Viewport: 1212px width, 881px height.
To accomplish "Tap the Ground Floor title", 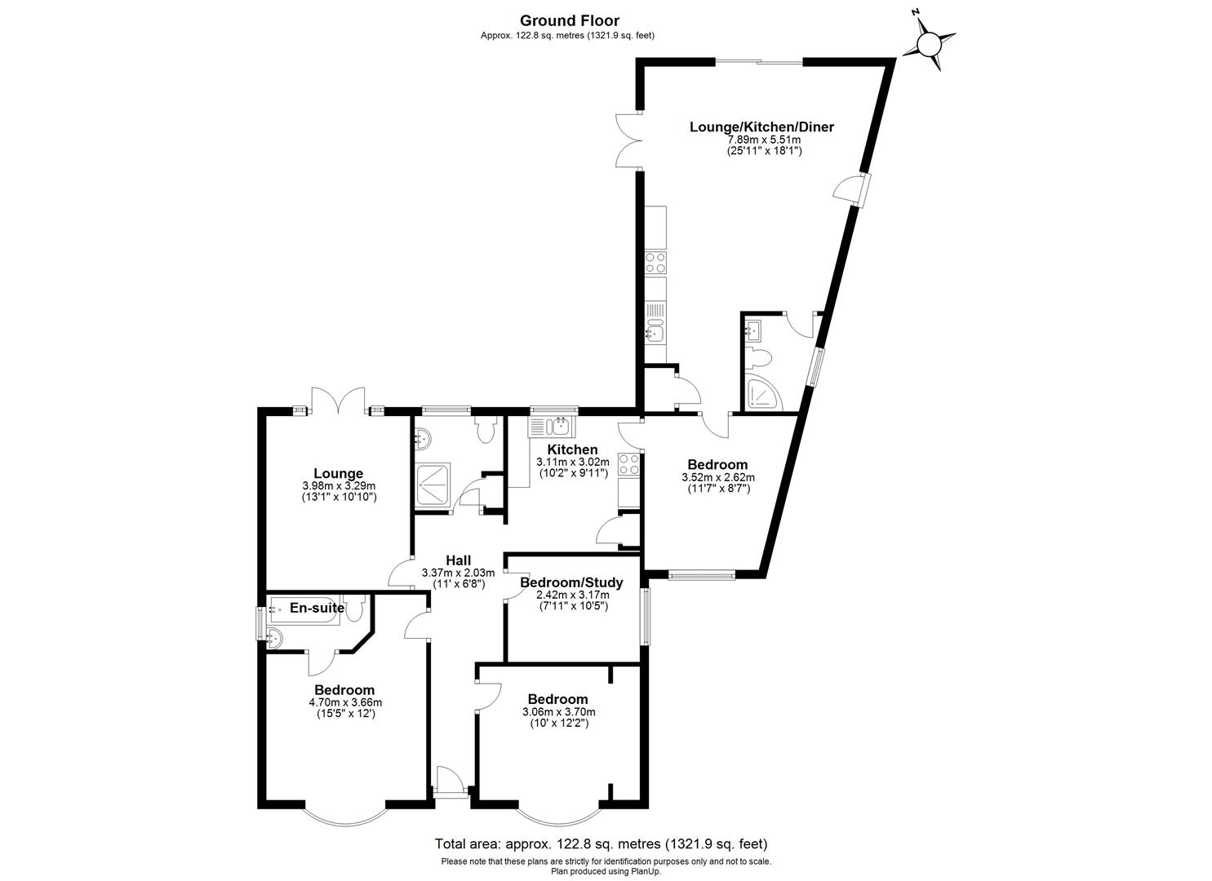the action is (569, 21).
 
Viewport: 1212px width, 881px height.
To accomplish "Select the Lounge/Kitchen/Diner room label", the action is (761, 127).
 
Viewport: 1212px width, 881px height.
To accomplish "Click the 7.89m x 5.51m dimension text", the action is (764, 139).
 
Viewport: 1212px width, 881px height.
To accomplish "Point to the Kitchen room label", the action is (572, 450).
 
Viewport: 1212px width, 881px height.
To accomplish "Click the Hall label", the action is (458, 560).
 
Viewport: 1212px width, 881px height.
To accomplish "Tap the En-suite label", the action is (317, 608).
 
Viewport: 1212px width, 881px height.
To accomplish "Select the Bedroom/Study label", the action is (571, 582).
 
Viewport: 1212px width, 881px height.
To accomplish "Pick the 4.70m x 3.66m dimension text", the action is (345, 702).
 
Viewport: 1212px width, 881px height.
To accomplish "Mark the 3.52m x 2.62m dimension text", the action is (717, 478).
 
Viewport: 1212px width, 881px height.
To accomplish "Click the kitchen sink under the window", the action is (553, 426).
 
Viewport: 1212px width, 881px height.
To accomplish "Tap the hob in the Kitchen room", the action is (629, 464).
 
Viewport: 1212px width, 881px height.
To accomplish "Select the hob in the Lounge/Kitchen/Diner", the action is (655, 262).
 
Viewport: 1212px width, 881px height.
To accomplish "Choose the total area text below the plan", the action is (601, 844).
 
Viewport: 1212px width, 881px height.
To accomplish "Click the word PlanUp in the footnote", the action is (644, 871).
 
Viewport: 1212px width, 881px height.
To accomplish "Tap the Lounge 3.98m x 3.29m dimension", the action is (338, 486).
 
